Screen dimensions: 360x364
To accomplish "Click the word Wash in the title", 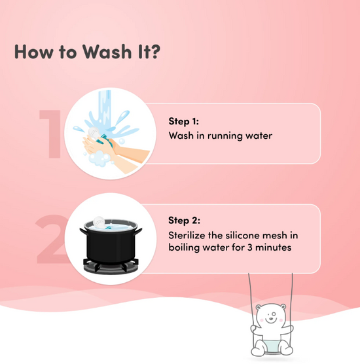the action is coord(107,51).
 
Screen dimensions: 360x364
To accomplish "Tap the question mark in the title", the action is coord(154,51).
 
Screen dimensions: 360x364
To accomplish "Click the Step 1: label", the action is coord(183,121).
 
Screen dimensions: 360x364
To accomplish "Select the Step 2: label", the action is coord(185,221).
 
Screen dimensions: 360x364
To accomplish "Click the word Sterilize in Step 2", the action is coord(187,236).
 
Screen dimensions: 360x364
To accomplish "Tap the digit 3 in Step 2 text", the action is coord(250,247).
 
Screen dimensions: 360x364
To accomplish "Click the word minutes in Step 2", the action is coord(273,247).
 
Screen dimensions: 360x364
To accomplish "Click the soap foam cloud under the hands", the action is coord(99,158).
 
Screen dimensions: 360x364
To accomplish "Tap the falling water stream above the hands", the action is coord(105,109).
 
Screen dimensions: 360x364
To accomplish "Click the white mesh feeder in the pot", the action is coord(99,222).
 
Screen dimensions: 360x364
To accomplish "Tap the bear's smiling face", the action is coord(270,316).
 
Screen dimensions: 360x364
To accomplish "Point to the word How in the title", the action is coord(34,51).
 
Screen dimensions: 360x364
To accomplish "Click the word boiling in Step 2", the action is coord(184,247).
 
